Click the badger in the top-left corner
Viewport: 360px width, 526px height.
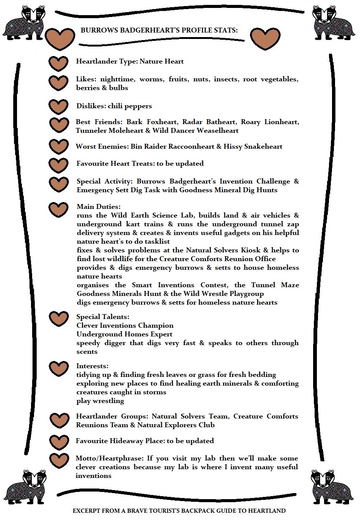tap(25, 23)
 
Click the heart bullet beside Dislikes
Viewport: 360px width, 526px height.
tap(59, 107)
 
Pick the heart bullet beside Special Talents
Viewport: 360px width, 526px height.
tap(59, 319)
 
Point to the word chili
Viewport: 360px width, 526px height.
tap(118, 106)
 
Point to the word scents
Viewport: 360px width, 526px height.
tap(87, 352)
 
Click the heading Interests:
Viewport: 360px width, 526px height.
tap(92, 366)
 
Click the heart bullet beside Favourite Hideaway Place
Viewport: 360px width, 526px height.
tap(59, 442)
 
